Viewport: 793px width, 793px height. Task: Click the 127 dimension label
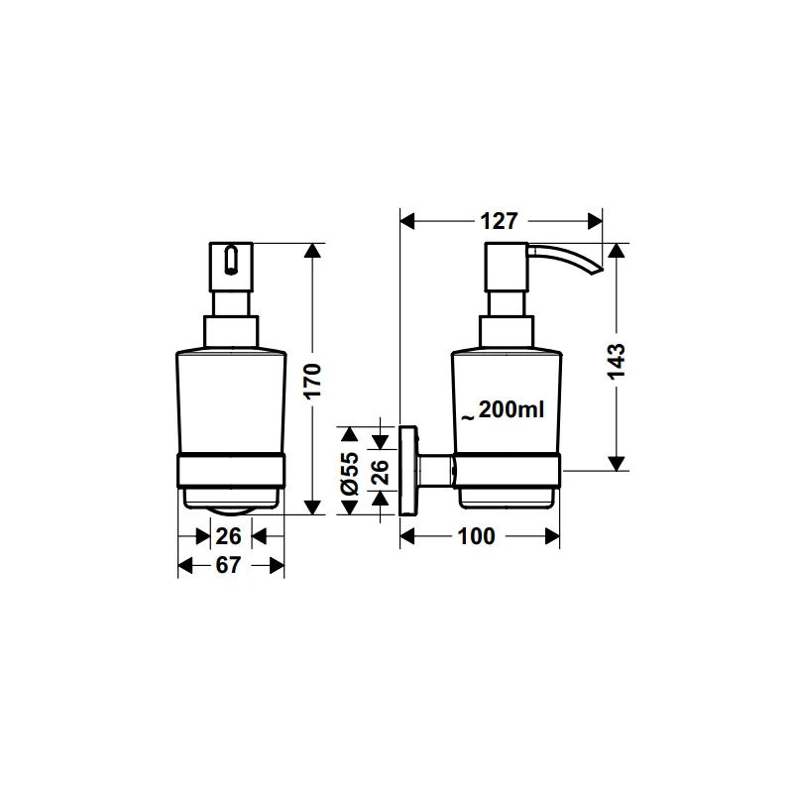(499, 221)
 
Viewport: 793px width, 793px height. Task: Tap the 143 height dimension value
(617, 361)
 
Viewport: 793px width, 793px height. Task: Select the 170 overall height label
(313, 381)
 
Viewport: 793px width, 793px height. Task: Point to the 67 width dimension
(228, 565)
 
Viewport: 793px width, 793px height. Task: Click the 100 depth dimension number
(476, 536)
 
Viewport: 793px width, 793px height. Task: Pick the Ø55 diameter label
(351, 474)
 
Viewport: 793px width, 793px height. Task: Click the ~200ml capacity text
(503, 409)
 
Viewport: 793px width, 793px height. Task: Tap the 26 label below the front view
(229, 536)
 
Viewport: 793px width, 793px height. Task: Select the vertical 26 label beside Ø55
(381, 472)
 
